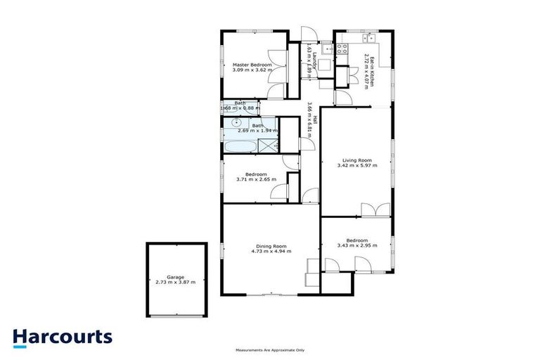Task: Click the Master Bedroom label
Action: (x=252, y=65)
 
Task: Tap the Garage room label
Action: (x=175, y=277)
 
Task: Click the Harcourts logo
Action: (x=63, y=336)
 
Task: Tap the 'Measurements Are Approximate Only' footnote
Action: (x=270, y=349)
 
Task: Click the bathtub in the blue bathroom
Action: (x=240, y=146)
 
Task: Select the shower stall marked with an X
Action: (x=268, y=146)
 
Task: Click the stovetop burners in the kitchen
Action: (x=342, y=49)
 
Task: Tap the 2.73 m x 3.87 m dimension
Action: (x=175, y=282)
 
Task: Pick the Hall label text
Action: (x=316, y=120)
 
